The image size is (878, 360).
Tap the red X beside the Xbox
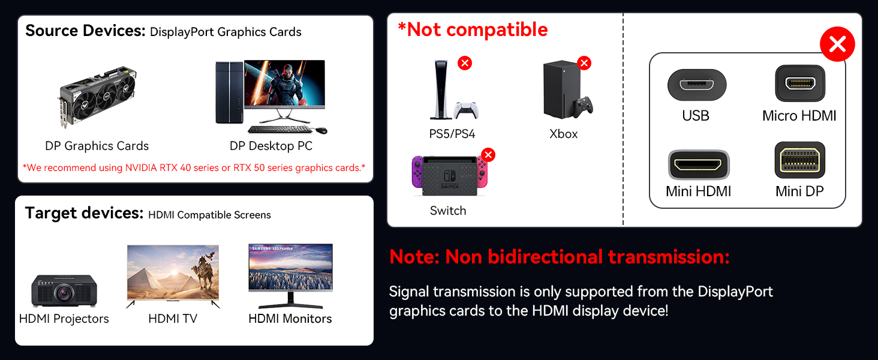pyautogui.click(x=584, y=63)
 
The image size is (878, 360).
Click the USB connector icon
pyautogui.click(x=696, y=85)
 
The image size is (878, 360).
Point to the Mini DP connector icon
pyautogui.click(x=799, y=160)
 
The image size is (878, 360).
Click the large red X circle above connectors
pyautogui.click(x=837, y=44)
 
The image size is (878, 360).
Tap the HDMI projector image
pyautogui.click(x=64, y=291)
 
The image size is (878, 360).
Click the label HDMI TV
pyautogui.click(x=173, y=319)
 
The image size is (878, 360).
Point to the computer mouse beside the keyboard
pyautogui.click(x=321, y=130)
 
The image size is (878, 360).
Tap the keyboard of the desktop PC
pyautogui.click(x=279, y=129)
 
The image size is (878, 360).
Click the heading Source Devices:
pyautogui.click(x=85, y=31)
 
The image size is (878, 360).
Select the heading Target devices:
pyautogui.click(x=83, y=213)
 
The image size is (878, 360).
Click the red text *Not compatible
pyautogui.click(x=473, y=30)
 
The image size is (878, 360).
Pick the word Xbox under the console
pyautogui.click(x=563, y=134)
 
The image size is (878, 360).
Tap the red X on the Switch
pyautogui.click(x=488, y=155)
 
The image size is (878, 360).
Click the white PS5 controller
pyautogui.click(x=465, y=110)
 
